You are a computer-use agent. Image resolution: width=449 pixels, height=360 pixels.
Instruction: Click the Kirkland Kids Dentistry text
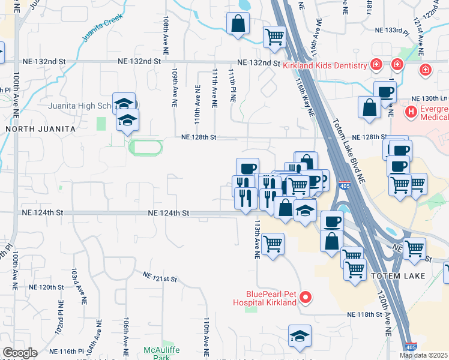(324, 65)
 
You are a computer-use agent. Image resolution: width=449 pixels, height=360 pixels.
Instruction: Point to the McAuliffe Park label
(158, 353)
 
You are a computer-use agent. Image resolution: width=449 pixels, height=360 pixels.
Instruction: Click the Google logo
(20, 353)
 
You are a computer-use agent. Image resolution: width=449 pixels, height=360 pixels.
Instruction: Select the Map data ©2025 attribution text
(423, 355)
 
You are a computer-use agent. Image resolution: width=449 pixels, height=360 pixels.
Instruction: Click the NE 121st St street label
(160, 277)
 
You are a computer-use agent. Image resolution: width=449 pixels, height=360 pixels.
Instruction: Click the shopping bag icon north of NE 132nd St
(238, 25)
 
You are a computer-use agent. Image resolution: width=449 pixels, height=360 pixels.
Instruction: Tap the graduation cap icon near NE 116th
(300, 337)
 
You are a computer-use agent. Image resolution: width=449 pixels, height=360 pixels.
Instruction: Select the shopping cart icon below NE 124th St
(273, 244)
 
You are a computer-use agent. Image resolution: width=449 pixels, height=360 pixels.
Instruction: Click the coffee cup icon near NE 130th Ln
(385, 92)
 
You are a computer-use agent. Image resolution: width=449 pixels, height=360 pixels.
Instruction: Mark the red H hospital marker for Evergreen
(411, 111)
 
